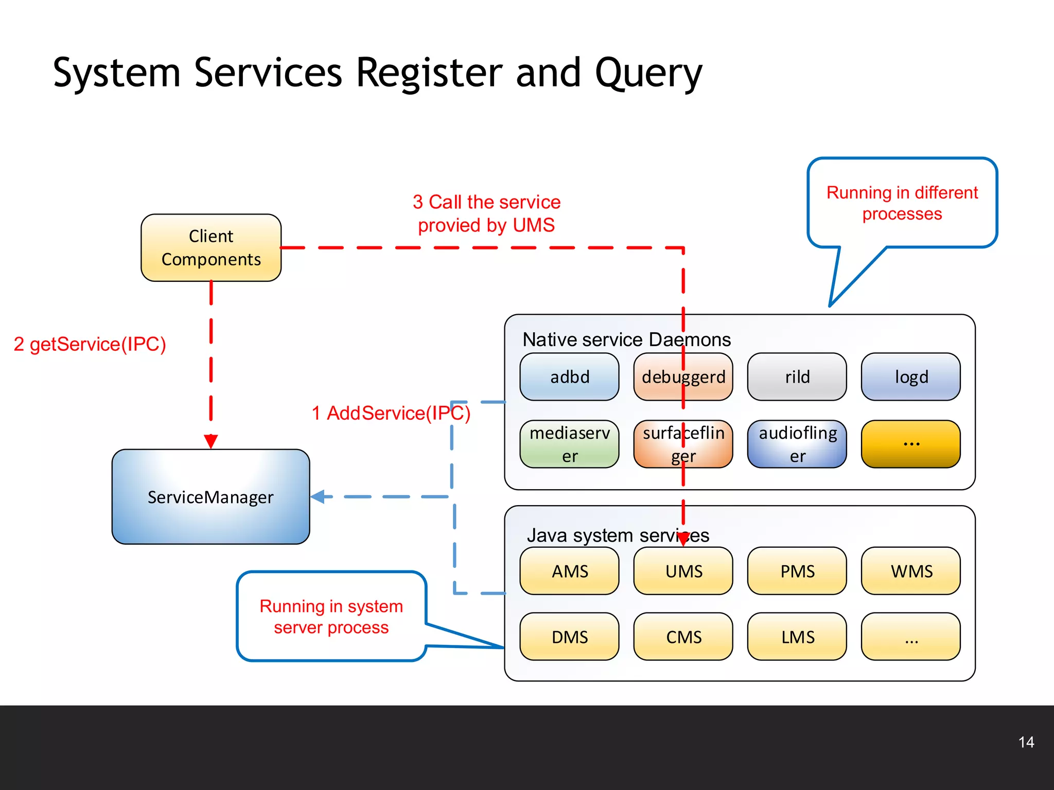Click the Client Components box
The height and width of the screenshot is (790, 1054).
(x=211, y=248)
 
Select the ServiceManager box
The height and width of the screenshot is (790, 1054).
(x=210, y=497)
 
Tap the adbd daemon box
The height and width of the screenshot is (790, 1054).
(x=570, y=377)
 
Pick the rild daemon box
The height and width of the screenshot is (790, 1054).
(x=797, y=377)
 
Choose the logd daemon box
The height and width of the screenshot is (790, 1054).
(x=911, y=377)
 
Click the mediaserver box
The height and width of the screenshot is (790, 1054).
(x=570, y=444)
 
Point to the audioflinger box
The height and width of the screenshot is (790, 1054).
(x=797, y=444)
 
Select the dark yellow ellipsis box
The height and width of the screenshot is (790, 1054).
(x=911, y=444)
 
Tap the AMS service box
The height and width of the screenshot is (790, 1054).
(x=570, y=571)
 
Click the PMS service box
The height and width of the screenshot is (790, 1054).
(x=797, y=571)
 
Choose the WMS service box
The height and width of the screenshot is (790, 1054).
(x=911, y=571)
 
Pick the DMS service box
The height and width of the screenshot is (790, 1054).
(x=570, y=637)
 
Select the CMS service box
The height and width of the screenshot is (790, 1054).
(x=683, y=637)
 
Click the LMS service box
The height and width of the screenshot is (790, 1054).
(x=797, y=637)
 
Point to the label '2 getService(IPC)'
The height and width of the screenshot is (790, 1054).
(x=90, y=344)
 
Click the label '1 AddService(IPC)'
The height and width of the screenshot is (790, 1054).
(x=391, y=413)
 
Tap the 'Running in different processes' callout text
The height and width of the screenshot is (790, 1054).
(x=902, y=203)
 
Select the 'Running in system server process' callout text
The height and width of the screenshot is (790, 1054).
(x=331, y=617)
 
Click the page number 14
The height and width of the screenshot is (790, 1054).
(x=1026, y=742)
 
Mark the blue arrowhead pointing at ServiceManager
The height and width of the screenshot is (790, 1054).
(x=318, y=497)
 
